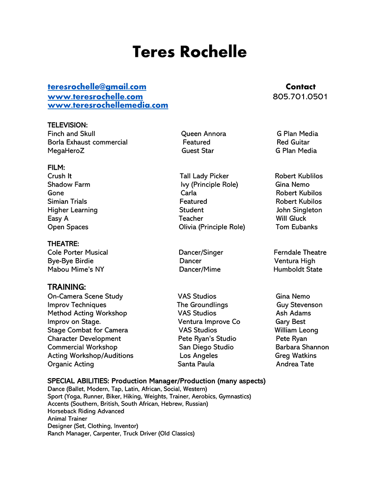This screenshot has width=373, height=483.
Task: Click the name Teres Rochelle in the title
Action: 189,52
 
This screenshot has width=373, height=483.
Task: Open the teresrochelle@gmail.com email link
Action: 97,87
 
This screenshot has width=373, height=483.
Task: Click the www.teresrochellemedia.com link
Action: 108,105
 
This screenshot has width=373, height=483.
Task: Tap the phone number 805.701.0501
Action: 300,97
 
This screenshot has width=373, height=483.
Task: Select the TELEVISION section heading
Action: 68,125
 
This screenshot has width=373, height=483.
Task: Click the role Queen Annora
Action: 203,134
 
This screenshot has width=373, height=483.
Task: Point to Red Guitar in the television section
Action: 293,142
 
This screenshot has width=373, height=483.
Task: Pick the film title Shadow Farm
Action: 69,185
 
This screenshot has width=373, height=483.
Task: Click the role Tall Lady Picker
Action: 204,176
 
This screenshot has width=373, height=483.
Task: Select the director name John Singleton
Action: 299,210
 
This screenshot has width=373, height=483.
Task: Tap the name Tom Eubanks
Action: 296,227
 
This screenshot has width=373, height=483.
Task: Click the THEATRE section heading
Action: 63,244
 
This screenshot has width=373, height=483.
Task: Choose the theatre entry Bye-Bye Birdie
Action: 70,261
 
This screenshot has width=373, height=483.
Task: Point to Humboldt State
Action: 298,269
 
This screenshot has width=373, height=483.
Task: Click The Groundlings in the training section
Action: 202,305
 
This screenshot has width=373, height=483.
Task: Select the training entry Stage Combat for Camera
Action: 87,330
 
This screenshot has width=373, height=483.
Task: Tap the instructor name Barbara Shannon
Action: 302,347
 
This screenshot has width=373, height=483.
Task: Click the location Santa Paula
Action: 196,364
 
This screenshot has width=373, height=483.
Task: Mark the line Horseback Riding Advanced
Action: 86,411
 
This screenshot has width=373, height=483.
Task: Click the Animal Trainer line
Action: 68,418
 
